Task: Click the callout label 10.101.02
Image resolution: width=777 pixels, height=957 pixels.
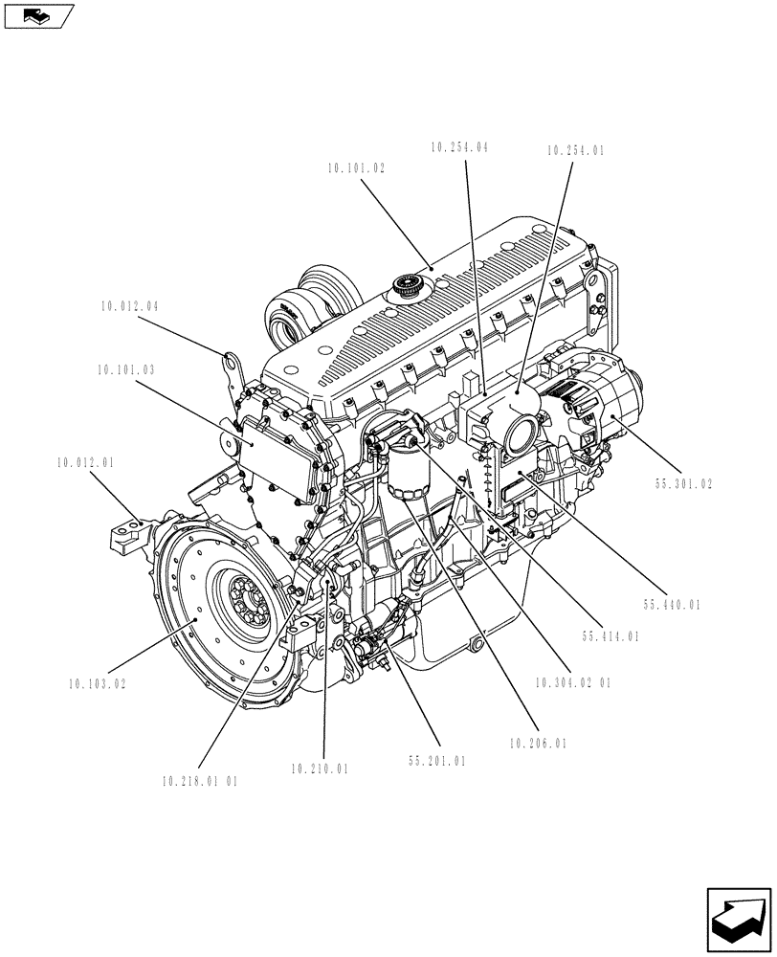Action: click(x=356, y=167)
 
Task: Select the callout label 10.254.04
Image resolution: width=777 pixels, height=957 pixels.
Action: click(x=459, y=147)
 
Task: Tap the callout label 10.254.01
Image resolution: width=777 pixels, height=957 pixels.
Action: click(x=576, y=150)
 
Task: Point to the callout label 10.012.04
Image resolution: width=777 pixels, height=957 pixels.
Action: click(x=128, y=307)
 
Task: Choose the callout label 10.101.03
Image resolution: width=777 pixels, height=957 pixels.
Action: click(x=125, y=368)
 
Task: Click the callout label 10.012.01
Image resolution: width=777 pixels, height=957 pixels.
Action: click(x=84, y=462)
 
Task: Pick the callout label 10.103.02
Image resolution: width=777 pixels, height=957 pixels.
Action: click(x=97, y=684)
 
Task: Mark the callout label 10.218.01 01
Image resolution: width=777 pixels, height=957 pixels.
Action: click(x=200, y=781)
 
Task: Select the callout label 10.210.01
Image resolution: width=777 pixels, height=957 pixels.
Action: click(x=320, y=768)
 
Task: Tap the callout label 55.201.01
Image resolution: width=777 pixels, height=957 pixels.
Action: click(x=436, y=762)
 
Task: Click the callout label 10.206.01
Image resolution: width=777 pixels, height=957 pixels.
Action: click(x=538, y=743)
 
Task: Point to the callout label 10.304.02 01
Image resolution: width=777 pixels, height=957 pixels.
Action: click(x=573, y=683)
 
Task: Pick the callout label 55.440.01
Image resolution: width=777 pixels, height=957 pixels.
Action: click(x=673, y=604)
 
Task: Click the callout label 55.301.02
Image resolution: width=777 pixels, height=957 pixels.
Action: click(x=684, y=485)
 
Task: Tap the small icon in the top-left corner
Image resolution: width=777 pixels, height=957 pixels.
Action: click(x=38, y=15)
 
